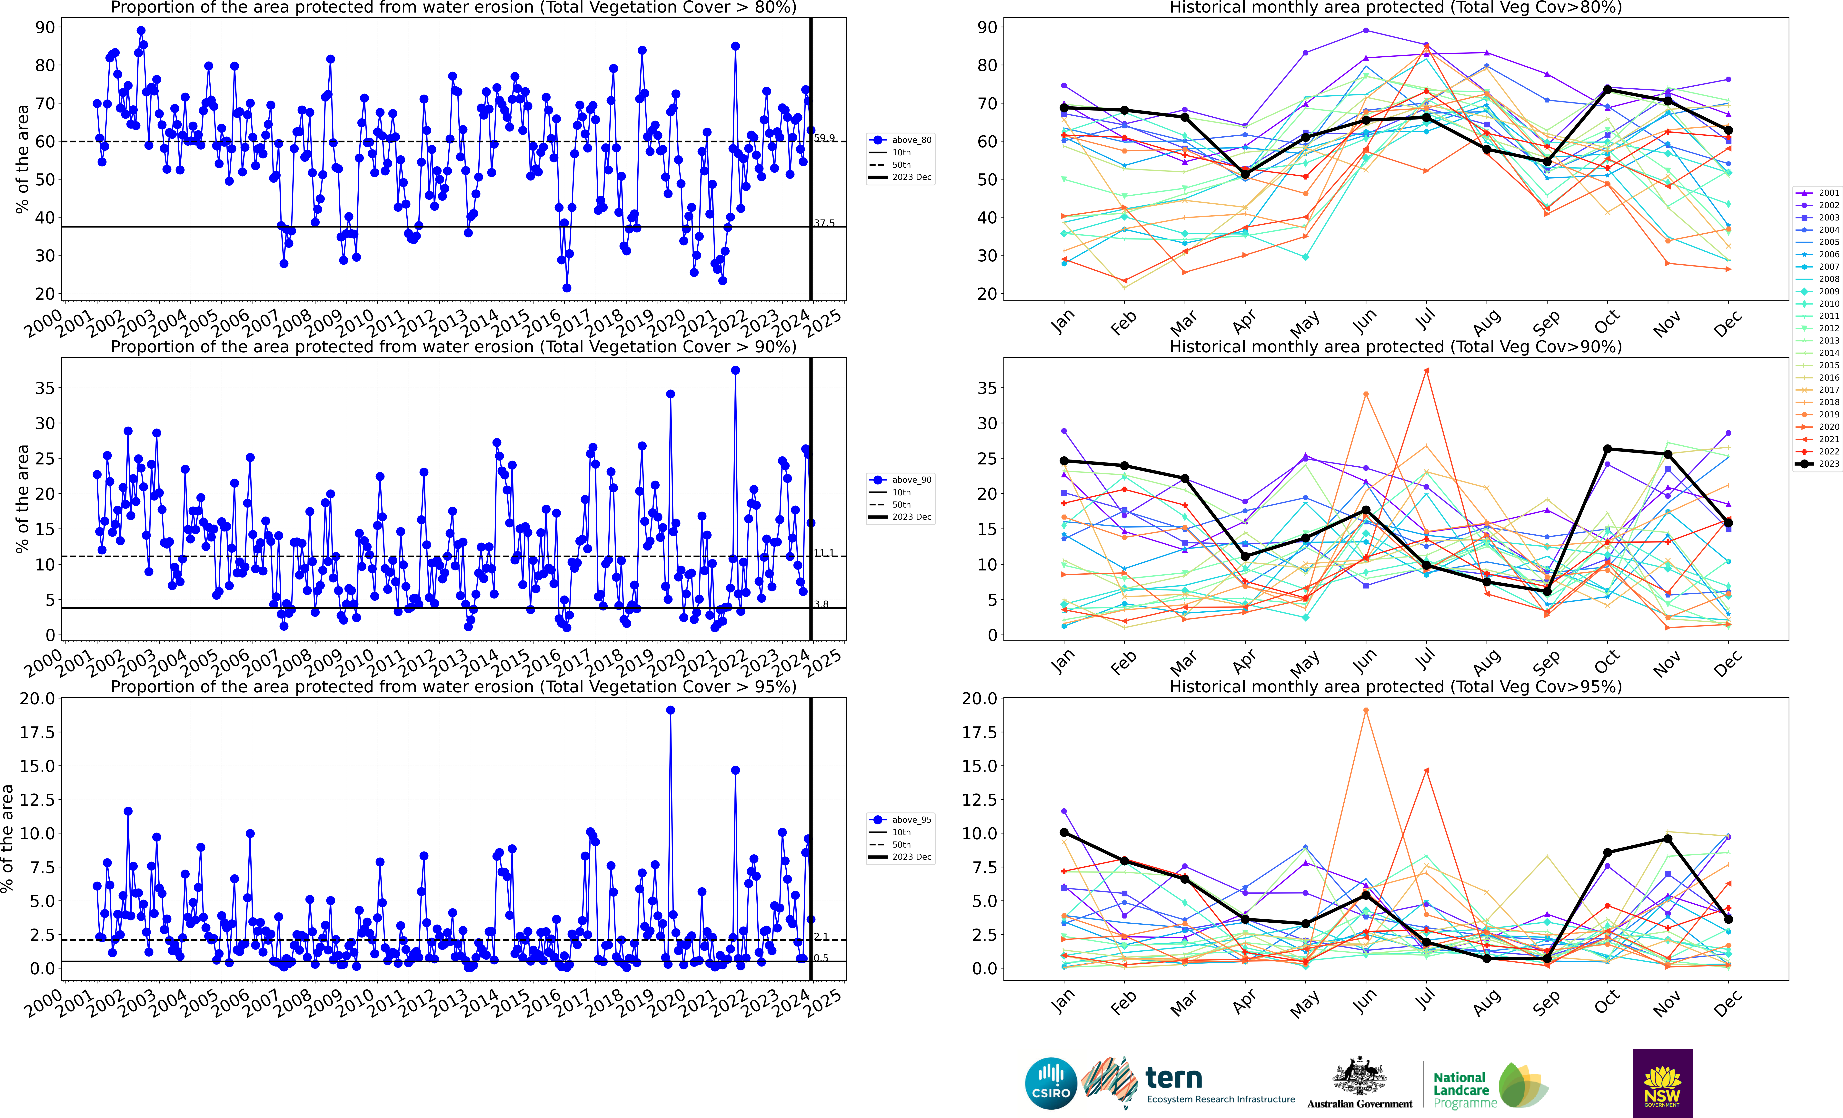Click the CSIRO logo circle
click(x=1051, y=1083)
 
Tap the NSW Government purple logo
click(x=1662, y=1083)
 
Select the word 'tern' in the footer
click(x=1174, y=1078)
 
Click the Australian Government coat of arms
click(x=1359, y=1077)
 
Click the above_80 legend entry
click(x=901, y=140)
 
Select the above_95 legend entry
click(x=901, y=820)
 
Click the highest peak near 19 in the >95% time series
click(x=670, y=710)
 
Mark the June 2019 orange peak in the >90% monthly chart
click(x=1366, y=394)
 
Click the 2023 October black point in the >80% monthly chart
click(x=1607, y=90)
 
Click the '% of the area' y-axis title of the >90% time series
click(x=22, y=499)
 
